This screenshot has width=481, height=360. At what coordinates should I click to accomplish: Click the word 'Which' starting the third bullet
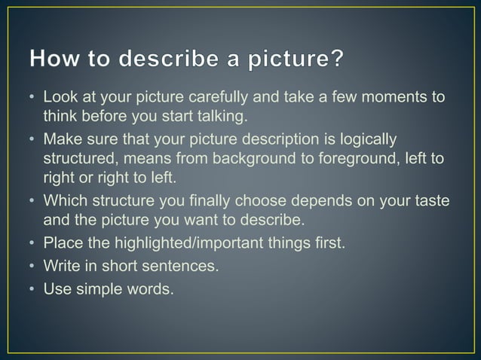coord(64,202)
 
